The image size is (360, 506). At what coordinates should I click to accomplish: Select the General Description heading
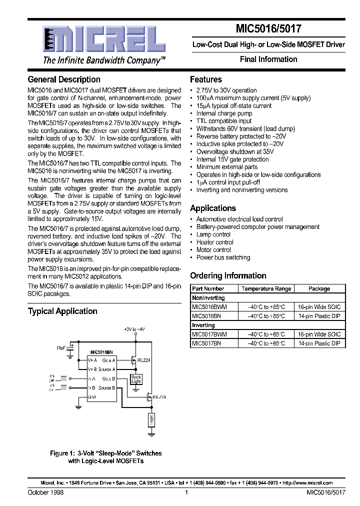click(x=64, y=79)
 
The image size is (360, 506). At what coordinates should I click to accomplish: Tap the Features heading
click(x=206, y=79)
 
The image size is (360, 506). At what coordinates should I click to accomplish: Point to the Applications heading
click(x=213, y=208)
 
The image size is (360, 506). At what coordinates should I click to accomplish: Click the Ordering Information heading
click(x=228, y=275)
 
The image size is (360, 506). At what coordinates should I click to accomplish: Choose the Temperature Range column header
click(x=266, y=288)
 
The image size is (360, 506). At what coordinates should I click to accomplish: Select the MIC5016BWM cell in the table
click(x=209, y=306)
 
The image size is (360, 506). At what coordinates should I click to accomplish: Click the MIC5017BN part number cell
click(x=206, y=343)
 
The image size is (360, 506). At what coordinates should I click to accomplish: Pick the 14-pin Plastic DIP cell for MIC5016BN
click(x=319, y=316)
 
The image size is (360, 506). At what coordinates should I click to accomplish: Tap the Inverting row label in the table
click(x=203, y=325)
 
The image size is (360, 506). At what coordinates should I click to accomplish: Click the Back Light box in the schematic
click(x=136, y=379)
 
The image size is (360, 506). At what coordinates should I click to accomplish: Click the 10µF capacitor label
click(x=61, y=347)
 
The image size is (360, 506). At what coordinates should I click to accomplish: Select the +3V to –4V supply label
click(x=134, y=329)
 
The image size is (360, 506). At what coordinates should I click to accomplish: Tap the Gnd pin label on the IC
click(x=92, y=397)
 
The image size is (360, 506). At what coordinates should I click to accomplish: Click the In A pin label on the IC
click(x=91, y=378)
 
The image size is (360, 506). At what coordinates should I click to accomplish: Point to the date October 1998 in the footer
click(x=45, y=492)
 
